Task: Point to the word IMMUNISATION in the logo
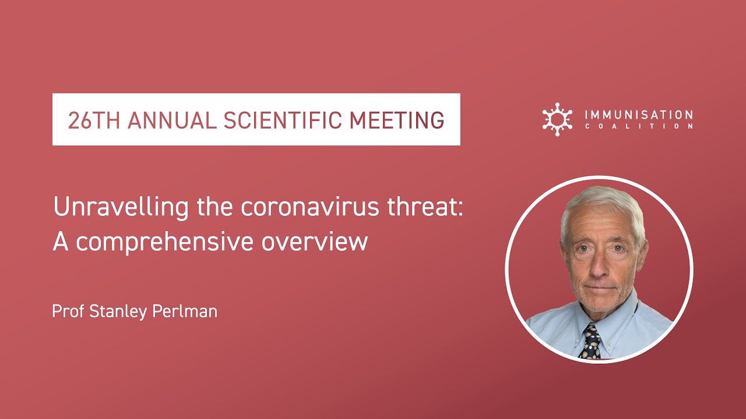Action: coord(638,115)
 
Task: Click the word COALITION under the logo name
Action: coord(638,126)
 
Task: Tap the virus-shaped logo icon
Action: coord(557,119)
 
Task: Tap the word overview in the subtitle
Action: coord(315,242)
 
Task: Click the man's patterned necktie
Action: coord(592,342)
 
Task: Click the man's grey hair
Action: coord(600,201)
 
